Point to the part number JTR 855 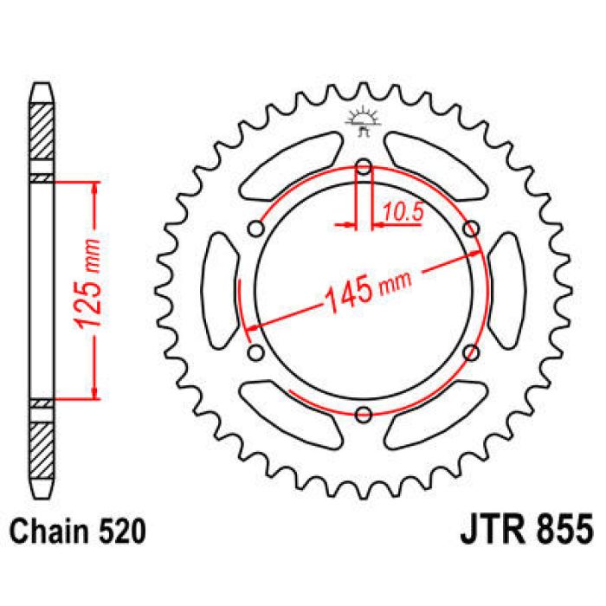coord(521,528)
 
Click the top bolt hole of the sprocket coord(364,167)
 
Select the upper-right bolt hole coord(471,229)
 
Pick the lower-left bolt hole coord(256,352)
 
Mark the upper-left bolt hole coord(256,229)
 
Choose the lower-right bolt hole coord(471,352)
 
